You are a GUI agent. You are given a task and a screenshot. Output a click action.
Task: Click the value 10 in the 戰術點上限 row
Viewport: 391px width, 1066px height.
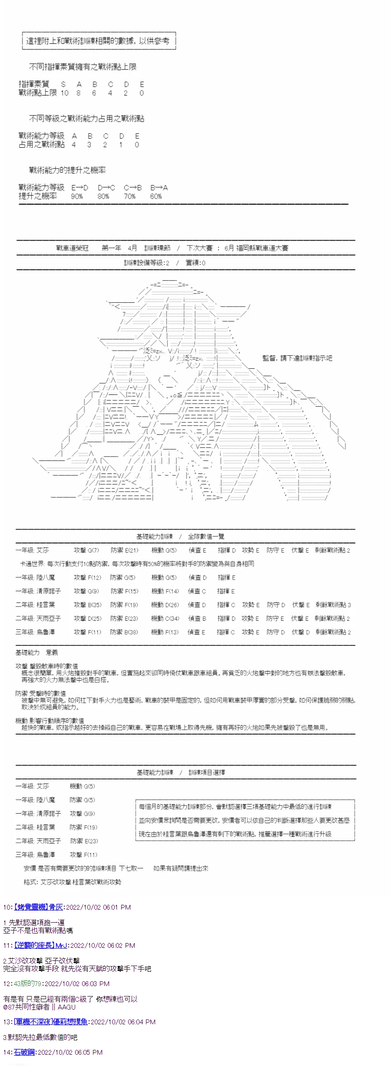pyautogui.click(x=64, y=93)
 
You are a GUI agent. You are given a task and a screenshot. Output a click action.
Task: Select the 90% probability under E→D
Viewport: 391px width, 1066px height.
pyautogui.click(x=77, y=196)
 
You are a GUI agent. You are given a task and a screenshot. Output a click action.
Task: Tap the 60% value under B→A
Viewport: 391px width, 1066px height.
pyautogui.click(x=156, y=196)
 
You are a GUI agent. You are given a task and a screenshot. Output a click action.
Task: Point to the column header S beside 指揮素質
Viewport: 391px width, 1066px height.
pyautogui.click(x=63, y=84)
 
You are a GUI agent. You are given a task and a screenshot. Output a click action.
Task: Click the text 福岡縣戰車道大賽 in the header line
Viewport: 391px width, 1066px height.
pyautogui.click(x=262, y=248)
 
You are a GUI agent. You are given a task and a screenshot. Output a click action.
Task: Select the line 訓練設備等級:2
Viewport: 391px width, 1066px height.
pyautogui.click(x=146, y=263)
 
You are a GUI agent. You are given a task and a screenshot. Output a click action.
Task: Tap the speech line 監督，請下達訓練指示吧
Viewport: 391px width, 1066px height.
pyautogui.click(x=297, y=358)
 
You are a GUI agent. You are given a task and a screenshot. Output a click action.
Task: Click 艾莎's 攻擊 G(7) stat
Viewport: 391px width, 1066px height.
pyautogui.click(x=86, y=550)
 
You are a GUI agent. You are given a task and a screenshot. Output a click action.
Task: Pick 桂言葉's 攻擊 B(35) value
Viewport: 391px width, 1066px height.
pyautogui.click(x=87, y=605)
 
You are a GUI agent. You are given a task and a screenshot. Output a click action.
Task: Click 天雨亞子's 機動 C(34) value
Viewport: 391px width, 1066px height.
pyautogui.click(x=165, y=618)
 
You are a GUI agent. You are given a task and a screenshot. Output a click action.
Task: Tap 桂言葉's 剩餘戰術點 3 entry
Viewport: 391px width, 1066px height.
pyautogui.click(x=333, y=605)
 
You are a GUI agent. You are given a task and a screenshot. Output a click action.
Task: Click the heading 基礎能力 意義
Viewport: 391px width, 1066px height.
pyautogui.click(x=36, y=652)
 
